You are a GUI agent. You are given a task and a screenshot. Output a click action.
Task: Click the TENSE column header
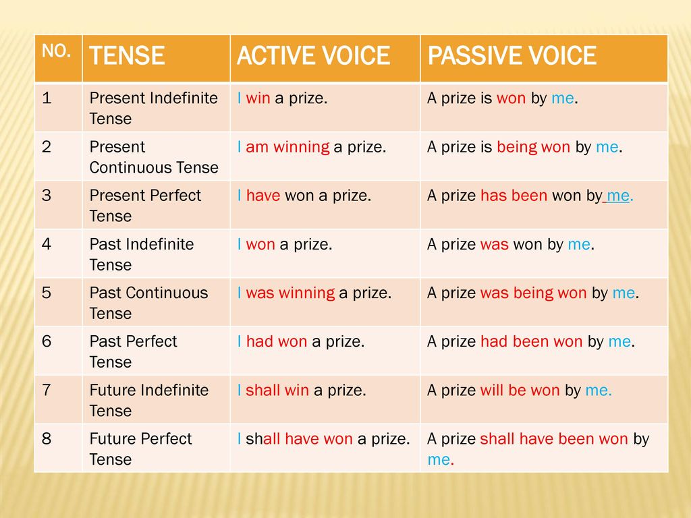click(127, 55)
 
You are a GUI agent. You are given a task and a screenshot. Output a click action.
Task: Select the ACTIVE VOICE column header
click(313, 55)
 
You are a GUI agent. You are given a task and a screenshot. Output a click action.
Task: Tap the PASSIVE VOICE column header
click(512, 55)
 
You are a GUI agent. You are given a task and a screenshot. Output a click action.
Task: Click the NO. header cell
click(56, 51)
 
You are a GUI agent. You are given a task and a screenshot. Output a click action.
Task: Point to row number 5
click(47, 293)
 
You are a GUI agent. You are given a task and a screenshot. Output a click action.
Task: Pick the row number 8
click(47, 438)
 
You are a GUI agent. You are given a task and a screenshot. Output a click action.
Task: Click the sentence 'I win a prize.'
click(282, 98)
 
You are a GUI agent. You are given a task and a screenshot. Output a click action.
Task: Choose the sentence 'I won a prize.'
click(285, 244)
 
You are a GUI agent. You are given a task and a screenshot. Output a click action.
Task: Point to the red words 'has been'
click(514, 196)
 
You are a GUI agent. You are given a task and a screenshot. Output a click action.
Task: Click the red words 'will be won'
click(520, 391)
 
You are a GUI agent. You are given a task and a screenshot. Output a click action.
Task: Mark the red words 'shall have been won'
click(553, 439)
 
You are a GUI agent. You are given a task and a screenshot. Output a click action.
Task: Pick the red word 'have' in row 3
click(263, 196)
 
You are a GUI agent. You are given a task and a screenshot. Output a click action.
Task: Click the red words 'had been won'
click(531, 342)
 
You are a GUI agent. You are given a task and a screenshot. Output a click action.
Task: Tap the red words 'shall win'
click(277, 391)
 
